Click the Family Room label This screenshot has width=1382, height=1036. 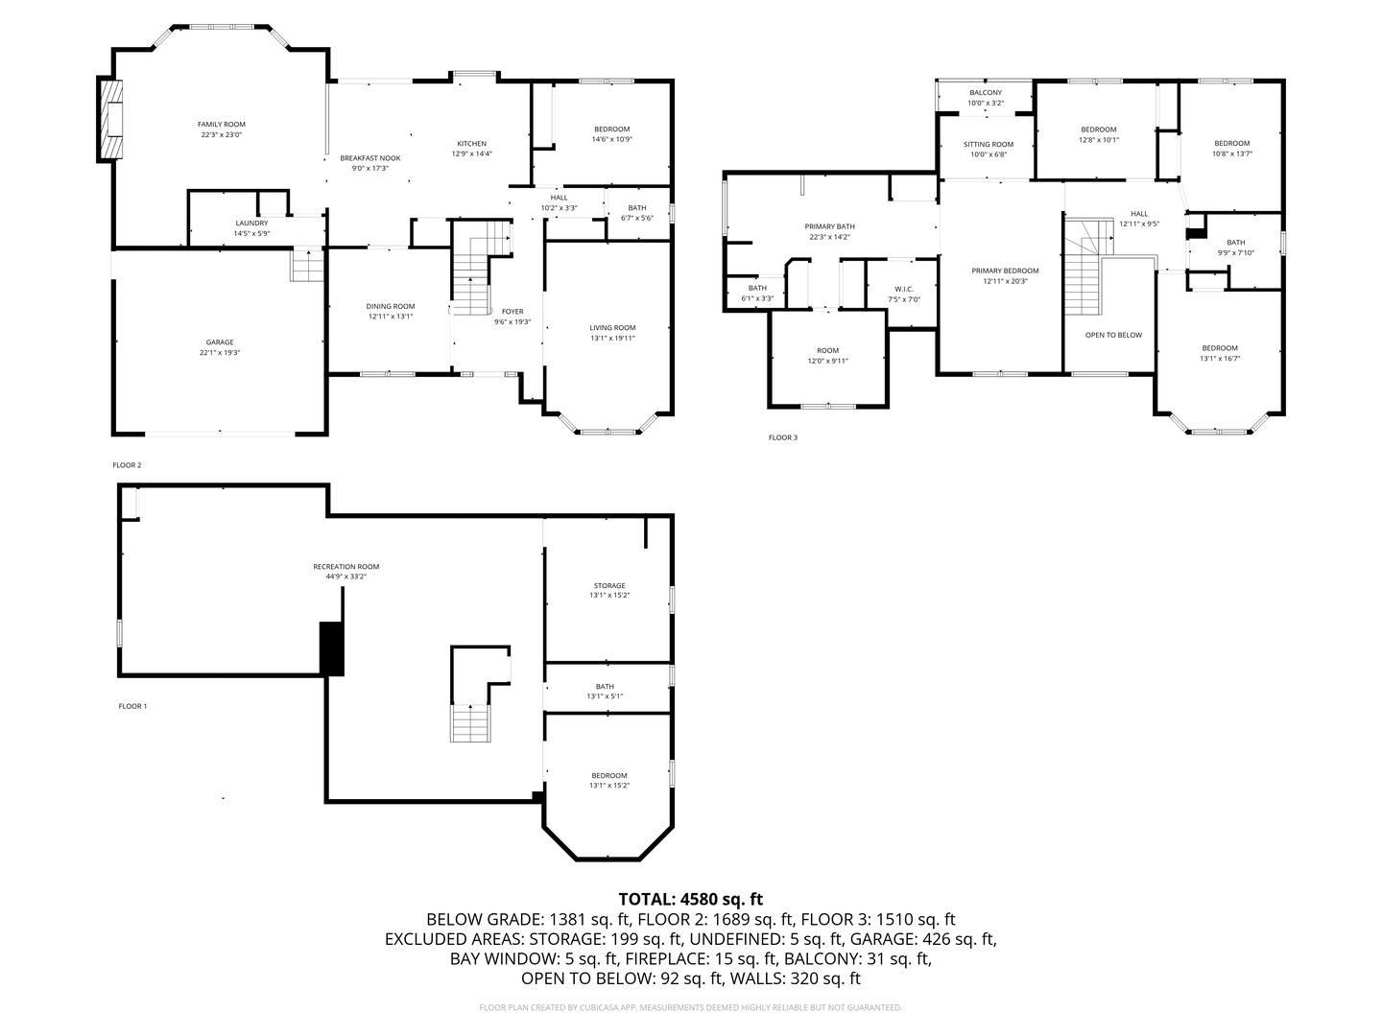[221, 125]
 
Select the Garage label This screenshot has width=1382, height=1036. [220, 342]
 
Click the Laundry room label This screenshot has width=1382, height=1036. [251, 224]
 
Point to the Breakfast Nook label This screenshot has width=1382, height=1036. [369, 158]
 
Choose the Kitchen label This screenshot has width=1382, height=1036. [471, 144]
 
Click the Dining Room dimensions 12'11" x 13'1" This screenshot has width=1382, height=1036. [390, 317]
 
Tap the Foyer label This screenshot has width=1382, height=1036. [512, 312]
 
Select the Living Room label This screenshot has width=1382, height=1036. [612, 328]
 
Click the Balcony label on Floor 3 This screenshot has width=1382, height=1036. [985, 93]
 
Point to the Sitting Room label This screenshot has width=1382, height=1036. [989, 145]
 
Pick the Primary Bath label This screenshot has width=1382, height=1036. [829, 226]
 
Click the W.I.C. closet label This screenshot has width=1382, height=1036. [903, 289]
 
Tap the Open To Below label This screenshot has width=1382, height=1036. [1113, 335]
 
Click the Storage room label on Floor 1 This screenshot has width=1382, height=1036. [609, 585]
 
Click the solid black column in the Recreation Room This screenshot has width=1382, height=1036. [331, 648]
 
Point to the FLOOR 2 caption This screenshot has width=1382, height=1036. [127, 465]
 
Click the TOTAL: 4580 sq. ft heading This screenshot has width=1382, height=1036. [690, 899]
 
